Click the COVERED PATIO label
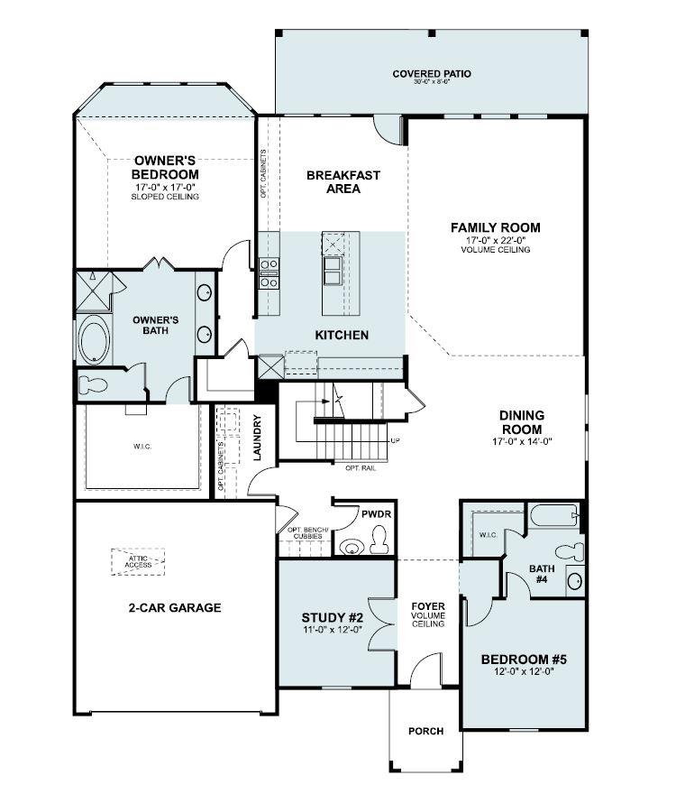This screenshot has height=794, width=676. pos(431,74)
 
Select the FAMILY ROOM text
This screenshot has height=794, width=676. pos(495,227)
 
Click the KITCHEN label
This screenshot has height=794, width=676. pos(342,335)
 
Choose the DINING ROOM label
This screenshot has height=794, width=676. pos(522,422)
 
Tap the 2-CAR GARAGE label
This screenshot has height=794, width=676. pos(174,608)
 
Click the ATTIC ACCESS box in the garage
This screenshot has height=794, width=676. pos(139,560)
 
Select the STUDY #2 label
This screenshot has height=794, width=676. pos(333,618)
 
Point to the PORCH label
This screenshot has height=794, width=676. pos(425,731)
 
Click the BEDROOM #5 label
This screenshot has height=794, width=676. pos(524,659)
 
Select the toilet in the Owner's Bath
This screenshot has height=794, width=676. pos(91,386)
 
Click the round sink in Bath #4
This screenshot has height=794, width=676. pos(575,580)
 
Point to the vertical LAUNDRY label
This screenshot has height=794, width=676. pos(257,439)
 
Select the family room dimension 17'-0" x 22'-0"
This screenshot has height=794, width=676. pos(495,240)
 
